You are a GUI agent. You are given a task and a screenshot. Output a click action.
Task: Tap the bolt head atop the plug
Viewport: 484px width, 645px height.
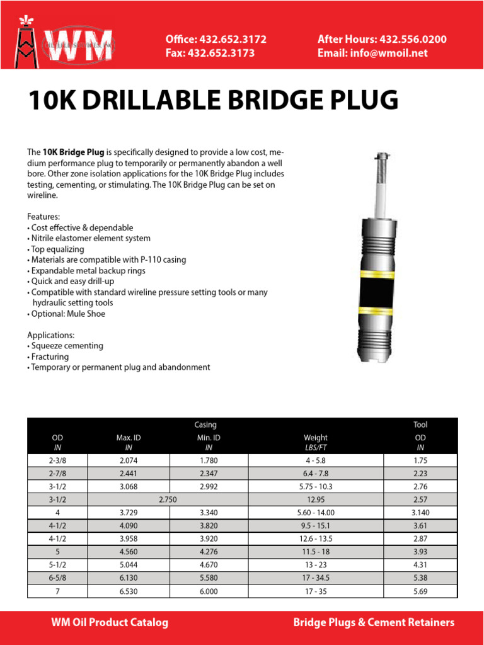380,155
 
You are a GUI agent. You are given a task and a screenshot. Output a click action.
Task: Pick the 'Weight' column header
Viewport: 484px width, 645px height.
315,437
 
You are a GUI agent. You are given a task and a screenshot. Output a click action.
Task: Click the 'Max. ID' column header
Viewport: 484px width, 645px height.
130,437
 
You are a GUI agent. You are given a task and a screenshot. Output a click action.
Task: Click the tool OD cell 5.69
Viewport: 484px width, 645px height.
420,591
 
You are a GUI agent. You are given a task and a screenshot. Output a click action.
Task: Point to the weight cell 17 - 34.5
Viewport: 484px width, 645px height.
315,578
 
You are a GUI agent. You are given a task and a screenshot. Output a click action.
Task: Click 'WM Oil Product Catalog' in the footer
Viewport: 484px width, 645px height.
110,622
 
